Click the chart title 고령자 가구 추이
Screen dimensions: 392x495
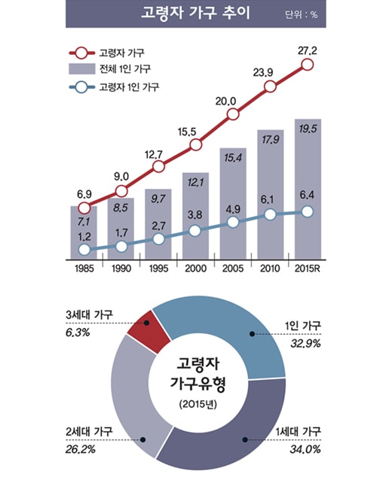point(195,14)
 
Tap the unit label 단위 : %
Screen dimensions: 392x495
point(302,15)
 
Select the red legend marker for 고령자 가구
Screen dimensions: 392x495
point(82,53)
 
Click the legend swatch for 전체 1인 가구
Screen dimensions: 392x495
point(82,68)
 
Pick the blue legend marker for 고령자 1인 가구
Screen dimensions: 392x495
point(82,87)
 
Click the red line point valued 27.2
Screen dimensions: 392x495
point(308,65)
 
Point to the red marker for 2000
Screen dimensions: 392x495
point(196,145)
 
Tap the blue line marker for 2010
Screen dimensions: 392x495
point(270,214)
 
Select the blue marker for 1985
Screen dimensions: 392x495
point(84,250)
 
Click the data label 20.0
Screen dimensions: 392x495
point(225,102)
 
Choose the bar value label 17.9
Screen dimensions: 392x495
point(270,139)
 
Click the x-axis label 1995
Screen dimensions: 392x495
point(158,269)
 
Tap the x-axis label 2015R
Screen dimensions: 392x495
point(308,269)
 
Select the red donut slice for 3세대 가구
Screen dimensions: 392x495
point(149,330)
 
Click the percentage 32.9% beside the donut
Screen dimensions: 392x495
point(305,343)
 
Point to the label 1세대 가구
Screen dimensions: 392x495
point(299,431)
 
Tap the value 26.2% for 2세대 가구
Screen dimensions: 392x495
point(81,449)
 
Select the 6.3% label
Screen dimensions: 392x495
point(78,332)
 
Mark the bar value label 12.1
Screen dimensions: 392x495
point(195,183)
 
